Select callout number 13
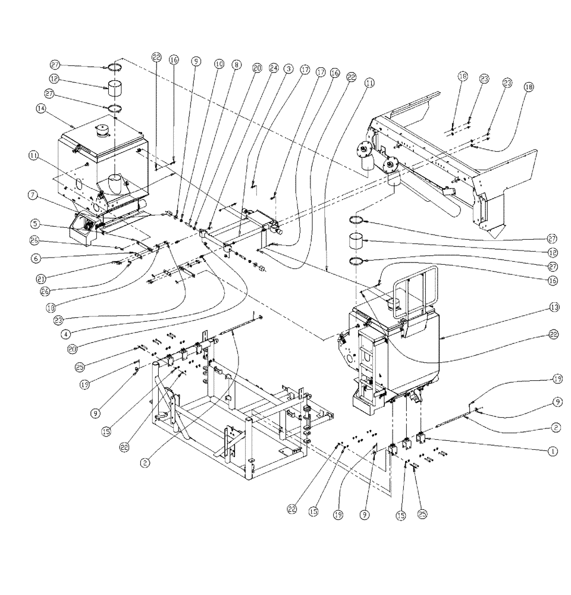(554, 308)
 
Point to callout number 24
(272, 67)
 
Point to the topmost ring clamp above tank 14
(115, 67)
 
